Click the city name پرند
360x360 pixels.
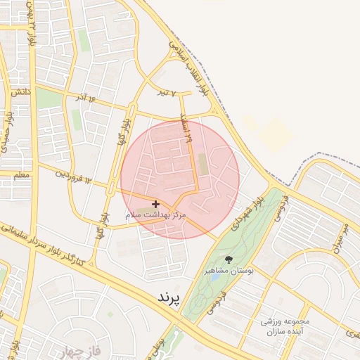click(169, 298)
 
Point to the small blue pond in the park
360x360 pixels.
click(214, 277)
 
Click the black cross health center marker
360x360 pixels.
click(155, 204)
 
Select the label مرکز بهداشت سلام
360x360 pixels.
click(155, 215)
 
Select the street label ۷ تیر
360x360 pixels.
click(165, 92)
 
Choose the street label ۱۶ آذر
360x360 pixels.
click(88, 96)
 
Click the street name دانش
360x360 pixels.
click(20, 92)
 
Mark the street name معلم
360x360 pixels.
click(22, 174)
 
